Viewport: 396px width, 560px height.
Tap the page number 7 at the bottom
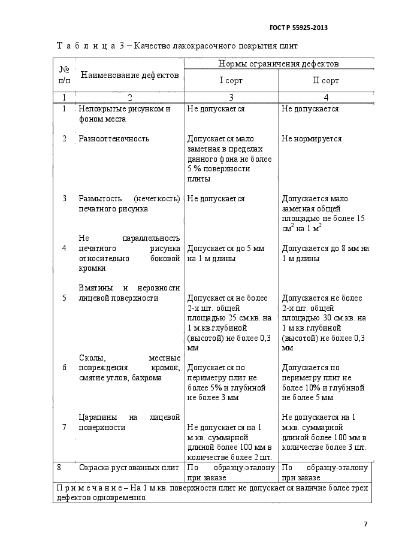click(x=365, y=524)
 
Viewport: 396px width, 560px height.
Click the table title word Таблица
click(x=89, y=46)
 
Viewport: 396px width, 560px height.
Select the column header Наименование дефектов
click(x=129, y=75)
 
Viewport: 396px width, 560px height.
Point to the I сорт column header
click(x=231, y=81)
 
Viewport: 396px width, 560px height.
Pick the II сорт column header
click(x=326, y=81)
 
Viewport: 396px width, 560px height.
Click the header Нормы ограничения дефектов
click(x=279, y=63)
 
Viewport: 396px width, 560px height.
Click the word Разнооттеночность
click(x=114, y=139)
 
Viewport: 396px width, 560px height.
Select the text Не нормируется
click(x=312, y=139)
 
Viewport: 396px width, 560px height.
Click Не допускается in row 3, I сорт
click(x=216, y=199)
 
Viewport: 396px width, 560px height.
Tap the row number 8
click(x=59, y=468)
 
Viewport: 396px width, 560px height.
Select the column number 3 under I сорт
click(x=231, y=97)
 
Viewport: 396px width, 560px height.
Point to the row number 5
click(x=64, y=298)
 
